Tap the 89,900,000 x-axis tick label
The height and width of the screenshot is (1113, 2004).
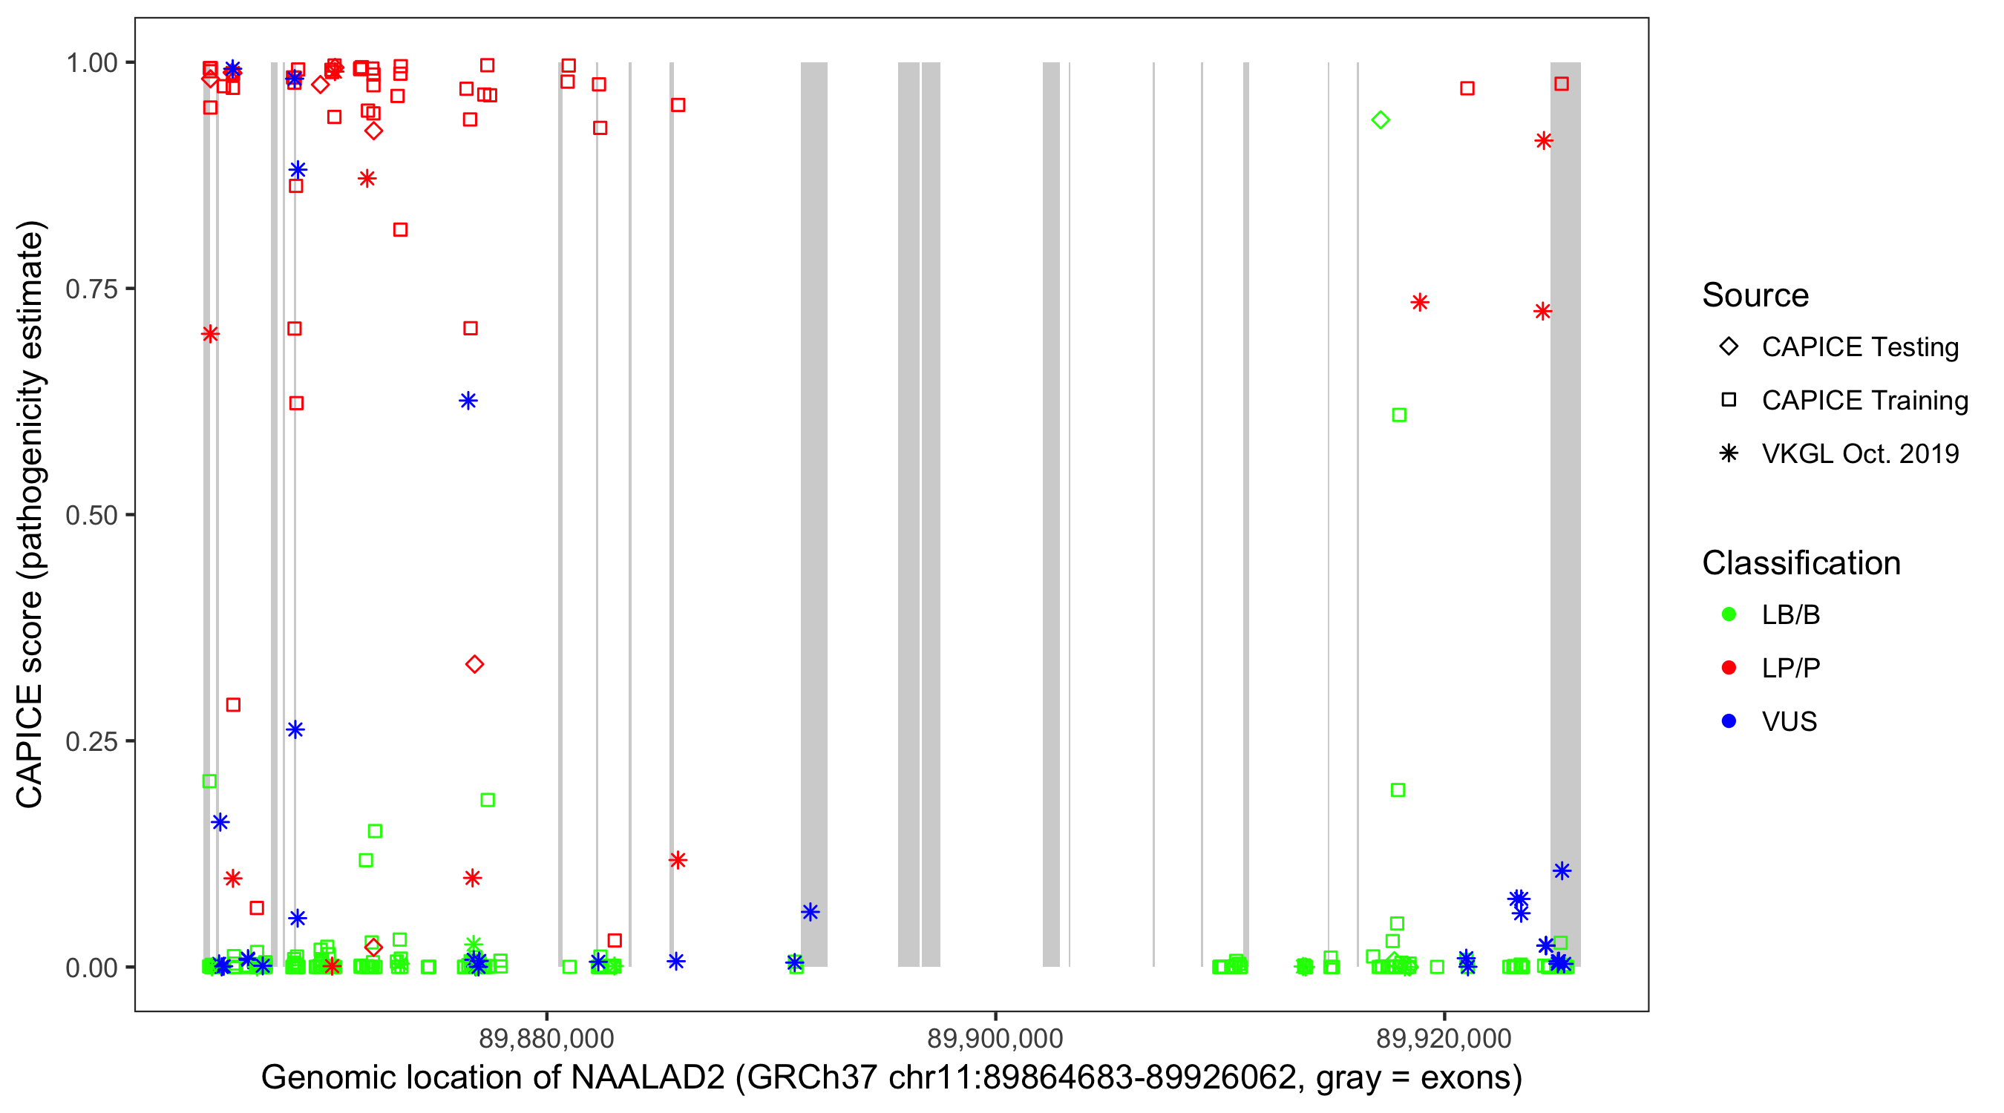point(995,1037)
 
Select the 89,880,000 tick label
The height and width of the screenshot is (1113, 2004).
point(546,1037)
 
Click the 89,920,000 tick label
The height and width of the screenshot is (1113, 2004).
point(1444,1037)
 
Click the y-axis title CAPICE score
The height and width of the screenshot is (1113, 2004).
point(31,514)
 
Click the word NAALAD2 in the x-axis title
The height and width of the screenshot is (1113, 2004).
point(647,1077)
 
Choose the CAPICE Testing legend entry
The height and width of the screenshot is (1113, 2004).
point(1859,347)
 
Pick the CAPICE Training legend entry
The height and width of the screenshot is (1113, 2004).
point(1864,401)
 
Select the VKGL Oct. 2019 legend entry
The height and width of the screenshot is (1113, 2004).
point(1859,453)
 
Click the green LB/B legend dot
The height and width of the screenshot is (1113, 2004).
point(1729,614)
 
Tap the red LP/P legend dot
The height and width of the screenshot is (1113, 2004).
point(1729,668)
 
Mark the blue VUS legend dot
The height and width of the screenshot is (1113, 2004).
point(1729,721)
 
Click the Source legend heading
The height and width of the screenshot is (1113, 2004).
point(1755,295)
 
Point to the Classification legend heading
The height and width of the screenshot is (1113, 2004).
point(1801,563)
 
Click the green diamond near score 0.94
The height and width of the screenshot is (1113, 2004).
point(1381,119)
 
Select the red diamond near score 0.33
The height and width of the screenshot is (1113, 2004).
point(474,664)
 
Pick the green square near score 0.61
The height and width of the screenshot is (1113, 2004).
point(1399,416)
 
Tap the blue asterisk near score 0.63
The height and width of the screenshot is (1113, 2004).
point(468,401)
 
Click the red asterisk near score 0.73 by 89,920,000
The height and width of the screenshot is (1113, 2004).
point(1420,303)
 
